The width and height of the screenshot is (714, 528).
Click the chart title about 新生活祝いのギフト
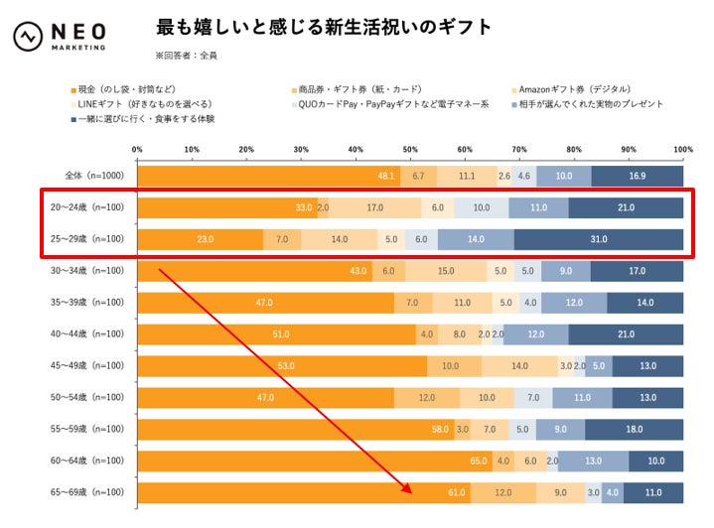[x=324, y=28]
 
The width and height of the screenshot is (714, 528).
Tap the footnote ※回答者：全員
[x=187, y=56]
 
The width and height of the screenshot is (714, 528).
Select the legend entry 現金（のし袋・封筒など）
[x=125, y=89]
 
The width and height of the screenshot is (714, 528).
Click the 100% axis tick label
[x=682, y=151]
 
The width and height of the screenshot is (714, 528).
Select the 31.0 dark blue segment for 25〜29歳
[x=598, y=239]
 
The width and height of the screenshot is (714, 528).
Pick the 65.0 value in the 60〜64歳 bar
[x=479, y=461]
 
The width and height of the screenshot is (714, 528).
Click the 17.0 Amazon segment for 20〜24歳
[x=374, y=207]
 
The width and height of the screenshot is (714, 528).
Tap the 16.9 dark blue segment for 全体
[x=637, y=177]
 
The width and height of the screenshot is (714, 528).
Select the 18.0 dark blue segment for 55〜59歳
[x=634, y=429]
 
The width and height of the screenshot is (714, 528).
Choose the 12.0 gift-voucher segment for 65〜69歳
[x=502, y=492]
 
